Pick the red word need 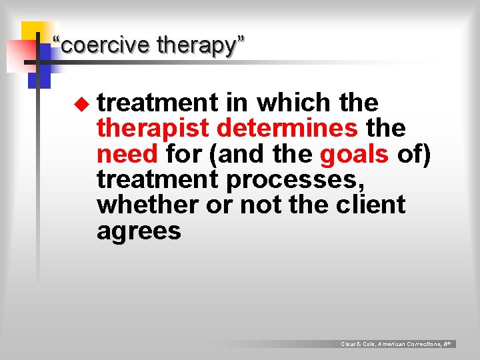tap(127, 153)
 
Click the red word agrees tap(139, 231)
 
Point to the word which tap(293, 103)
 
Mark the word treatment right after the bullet tap(158, 103)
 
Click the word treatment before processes tap(158, 179)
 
